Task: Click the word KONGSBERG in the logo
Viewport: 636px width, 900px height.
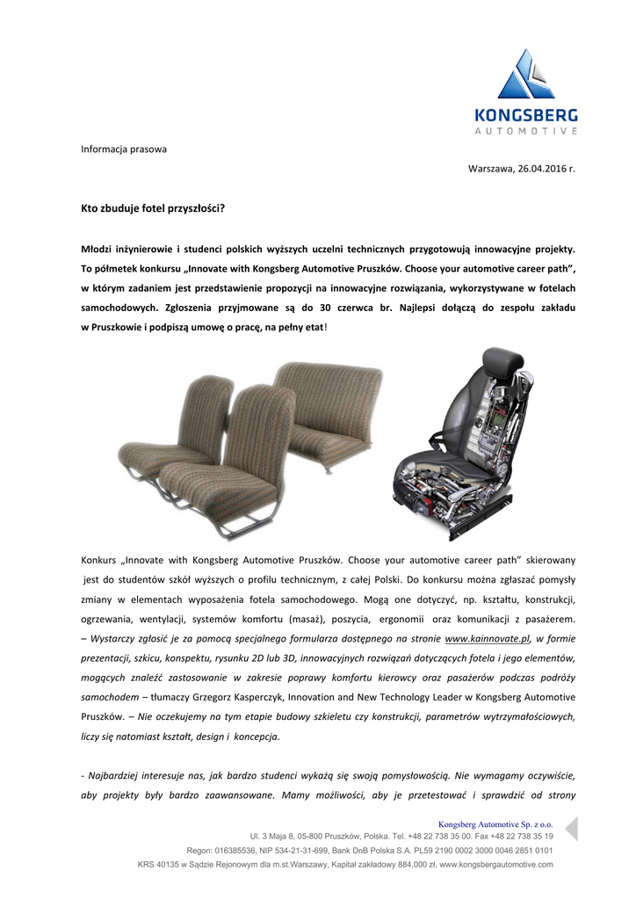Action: pos(526,115)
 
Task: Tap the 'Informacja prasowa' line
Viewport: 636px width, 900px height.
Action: pos(124,149)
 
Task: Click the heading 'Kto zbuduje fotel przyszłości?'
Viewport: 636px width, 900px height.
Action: pos(153,208)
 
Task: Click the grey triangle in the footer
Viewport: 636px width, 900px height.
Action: pos(570,828)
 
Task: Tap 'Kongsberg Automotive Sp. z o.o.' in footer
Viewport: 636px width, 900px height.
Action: pos(495,824)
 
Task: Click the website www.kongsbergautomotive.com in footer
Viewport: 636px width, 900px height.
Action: pos(495,865)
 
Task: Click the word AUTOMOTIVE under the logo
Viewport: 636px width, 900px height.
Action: pos(526,131)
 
